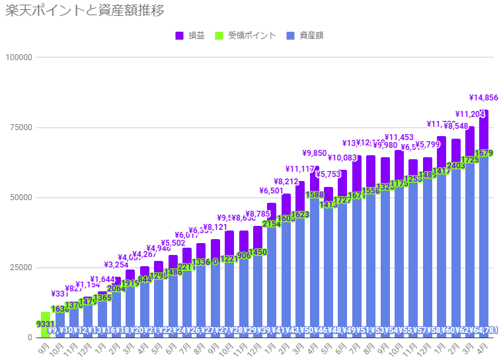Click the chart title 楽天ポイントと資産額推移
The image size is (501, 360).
coord(85,11)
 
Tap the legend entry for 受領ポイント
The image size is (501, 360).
coord(246,36)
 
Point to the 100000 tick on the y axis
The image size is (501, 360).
coord(19,57)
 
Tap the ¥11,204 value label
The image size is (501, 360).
coord(470,114)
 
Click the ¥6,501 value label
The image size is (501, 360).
coord(272,192)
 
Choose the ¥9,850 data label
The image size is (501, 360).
coord(315,153)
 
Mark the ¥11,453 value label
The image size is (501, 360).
coord(399,137)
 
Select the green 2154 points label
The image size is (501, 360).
coord(272,225)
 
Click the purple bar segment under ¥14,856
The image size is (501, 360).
coord(484,129)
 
